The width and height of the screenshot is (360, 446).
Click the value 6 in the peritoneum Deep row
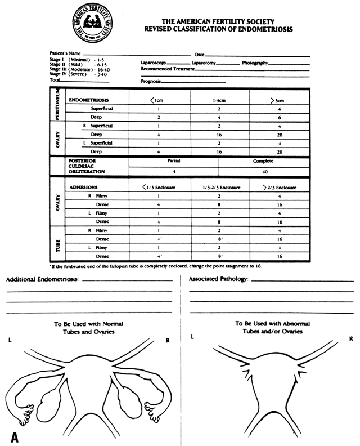click(278, 117)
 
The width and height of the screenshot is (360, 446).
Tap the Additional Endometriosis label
click(43, 279)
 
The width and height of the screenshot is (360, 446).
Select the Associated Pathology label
click(219, 279)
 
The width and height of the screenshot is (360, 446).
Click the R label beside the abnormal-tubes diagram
click(350, 338)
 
